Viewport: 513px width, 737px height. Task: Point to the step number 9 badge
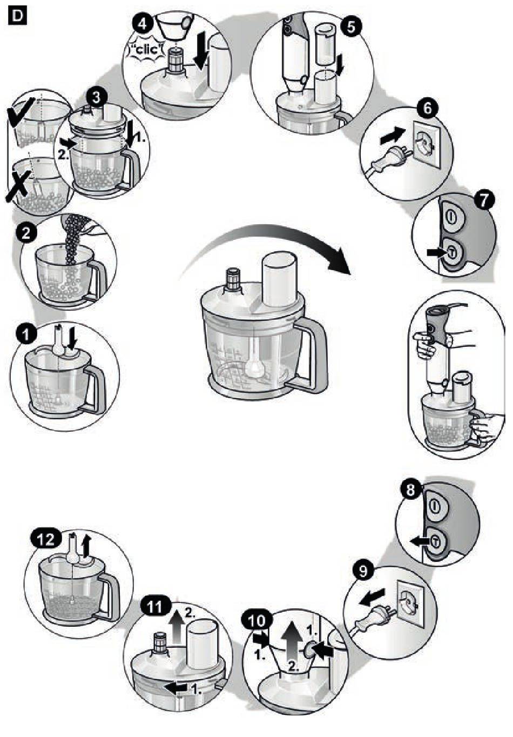pyautogui.click(x=364, y=570)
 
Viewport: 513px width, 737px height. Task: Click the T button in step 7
pyautogui.click(x=451, y=252)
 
